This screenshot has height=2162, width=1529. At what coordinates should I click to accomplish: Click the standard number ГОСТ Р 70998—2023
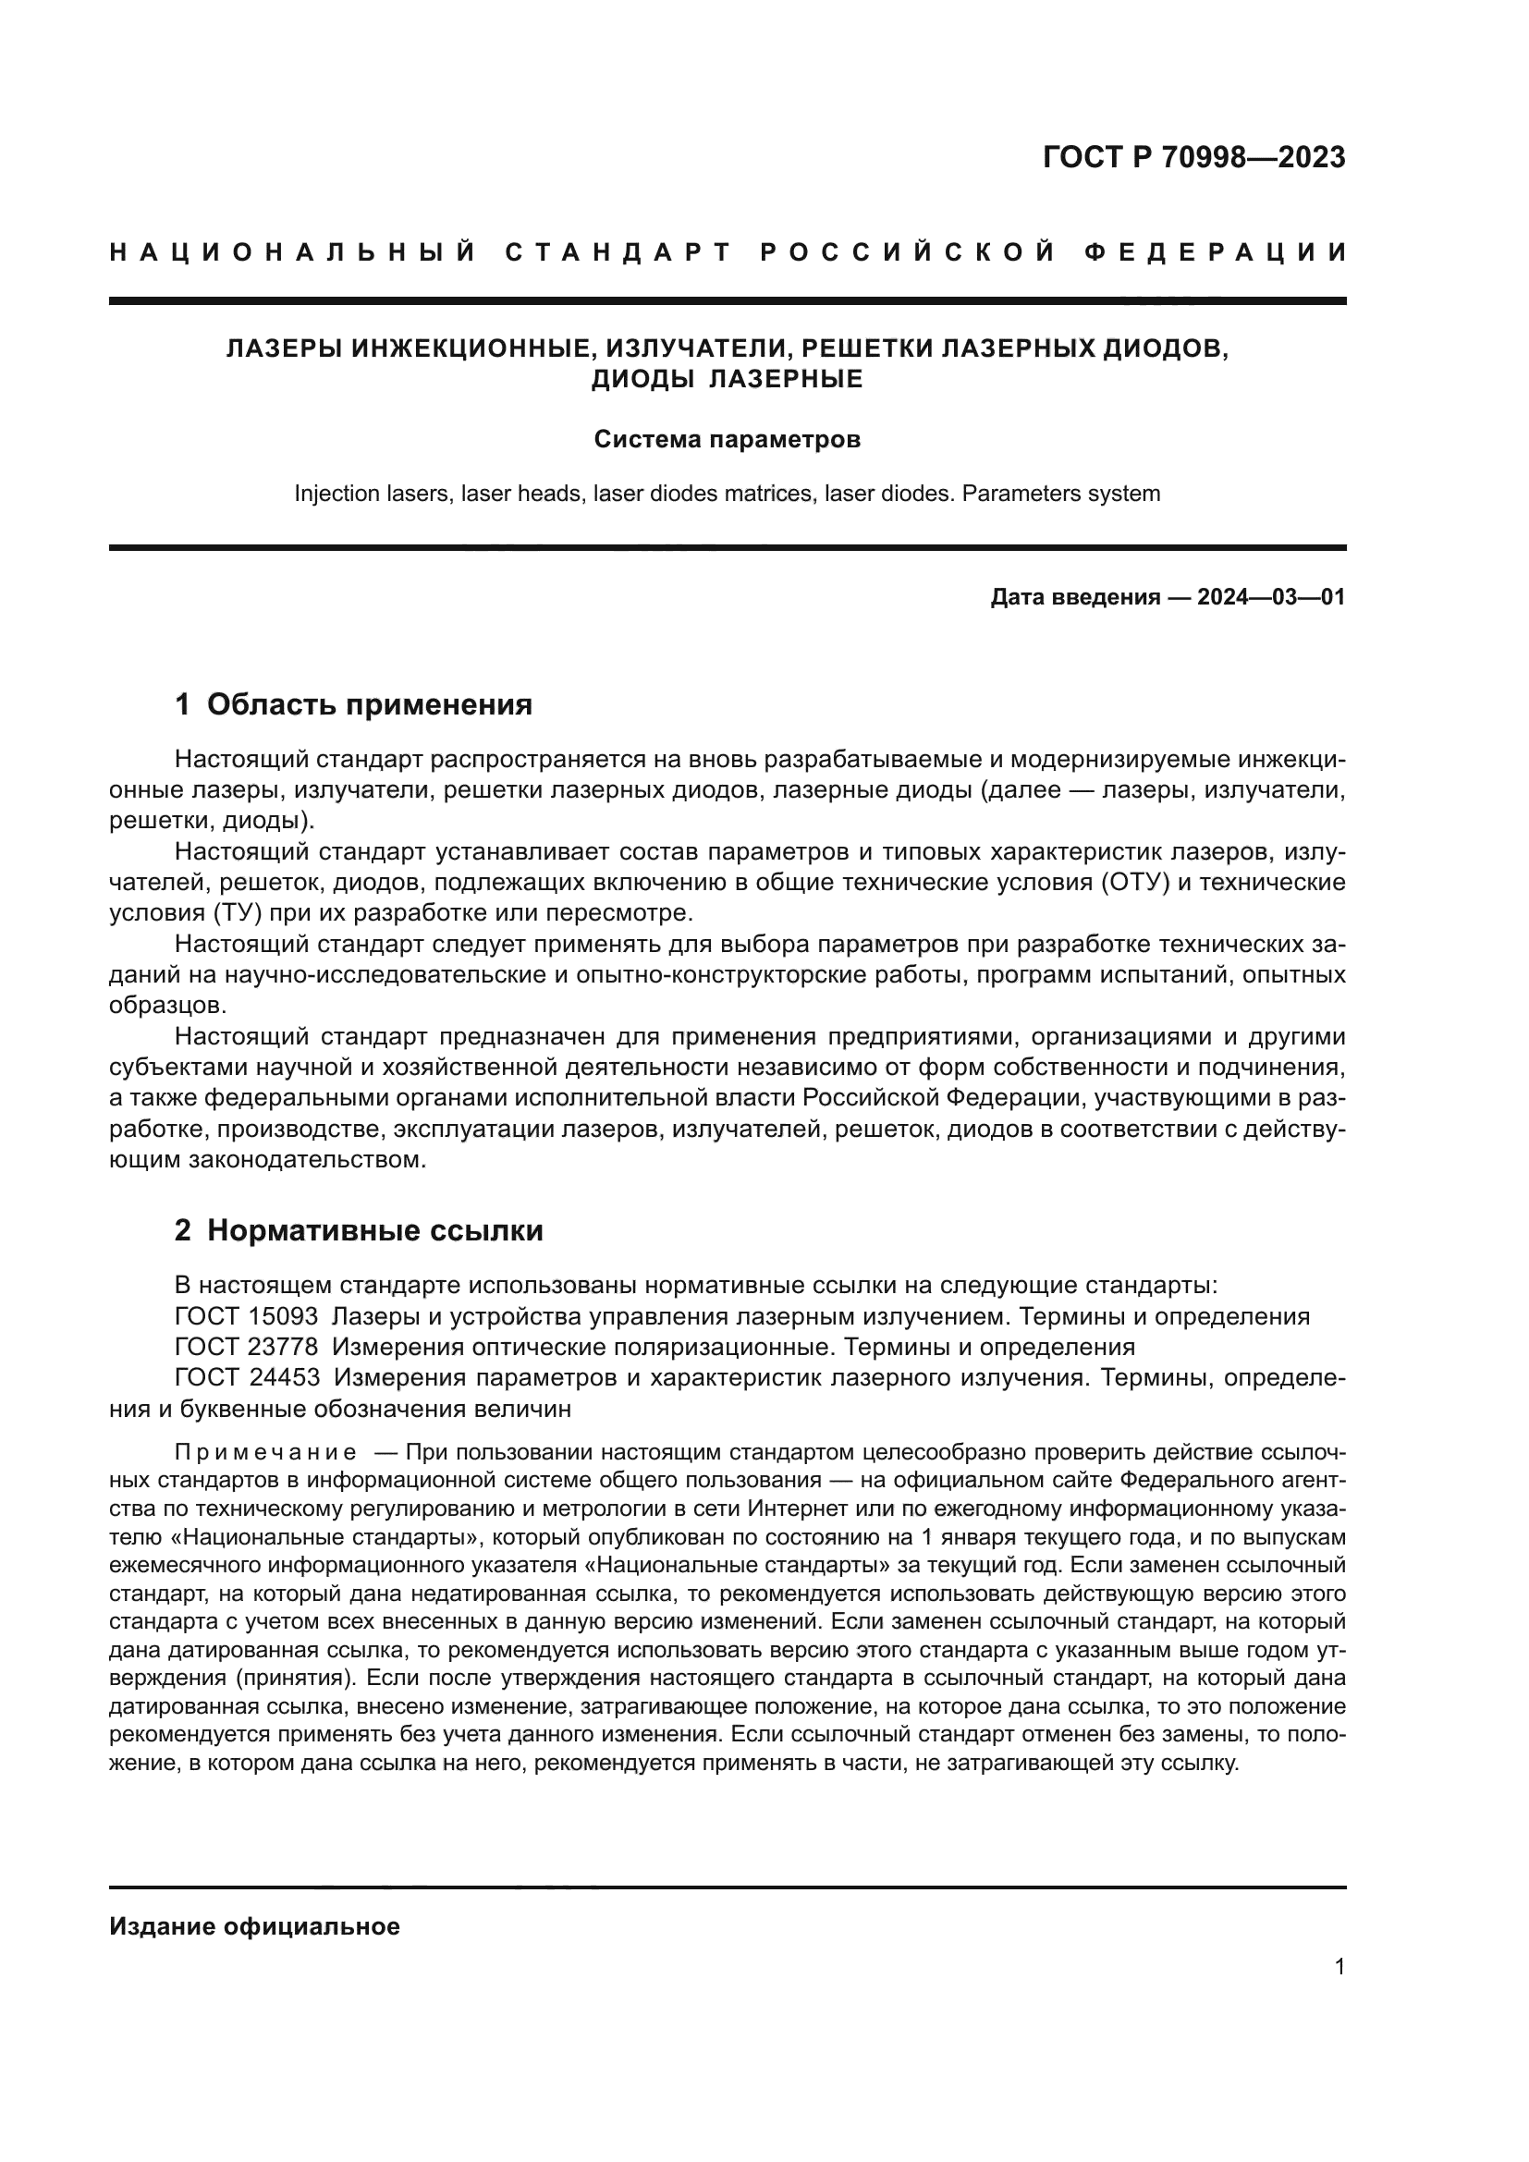1193,157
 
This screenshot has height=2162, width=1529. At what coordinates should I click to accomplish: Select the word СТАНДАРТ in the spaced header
618,252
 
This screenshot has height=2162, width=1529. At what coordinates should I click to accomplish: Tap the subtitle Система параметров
727,440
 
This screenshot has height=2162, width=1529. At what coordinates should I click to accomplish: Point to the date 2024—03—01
1270,597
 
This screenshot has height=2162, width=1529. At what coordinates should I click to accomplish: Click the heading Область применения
369,704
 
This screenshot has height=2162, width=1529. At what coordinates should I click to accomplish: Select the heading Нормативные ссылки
374,1229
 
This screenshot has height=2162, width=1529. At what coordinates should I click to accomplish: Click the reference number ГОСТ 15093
247,1316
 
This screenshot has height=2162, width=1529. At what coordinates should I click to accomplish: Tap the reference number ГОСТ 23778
247,1347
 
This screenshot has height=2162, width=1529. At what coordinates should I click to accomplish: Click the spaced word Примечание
265,1452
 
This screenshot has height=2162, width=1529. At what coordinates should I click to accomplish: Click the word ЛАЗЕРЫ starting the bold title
284,349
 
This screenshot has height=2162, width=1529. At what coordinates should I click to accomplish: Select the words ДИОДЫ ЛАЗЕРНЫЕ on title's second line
727,380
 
